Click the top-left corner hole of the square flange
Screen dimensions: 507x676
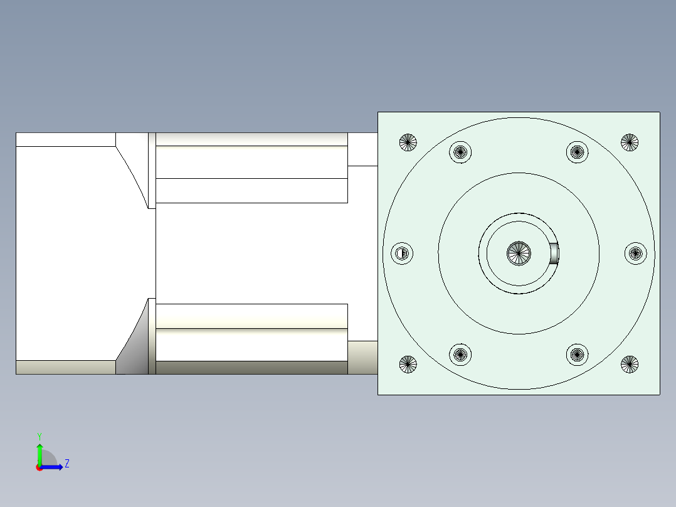point(408,142)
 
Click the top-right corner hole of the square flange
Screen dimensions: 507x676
point(630,142)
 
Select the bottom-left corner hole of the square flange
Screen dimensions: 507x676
point(408,364)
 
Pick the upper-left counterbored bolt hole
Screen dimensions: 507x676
point(461,151)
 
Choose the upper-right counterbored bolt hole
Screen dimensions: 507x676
point(578,151)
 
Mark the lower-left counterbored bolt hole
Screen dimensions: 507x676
point(461,355)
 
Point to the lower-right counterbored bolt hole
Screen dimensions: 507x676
point(578,355)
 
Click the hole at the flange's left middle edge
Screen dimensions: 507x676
point(402,253)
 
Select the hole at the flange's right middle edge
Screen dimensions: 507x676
point(636,253)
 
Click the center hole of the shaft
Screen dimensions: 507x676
point(519,253)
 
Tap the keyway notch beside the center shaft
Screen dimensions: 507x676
point(554,253)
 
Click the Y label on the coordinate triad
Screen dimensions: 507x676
point(40,436)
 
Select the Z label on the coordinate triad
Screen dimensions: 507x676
point(66,464)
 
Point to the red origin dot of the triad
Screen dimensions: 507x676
point(40,467)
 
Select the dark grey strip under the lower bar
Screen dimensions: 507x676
point(251,368)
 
